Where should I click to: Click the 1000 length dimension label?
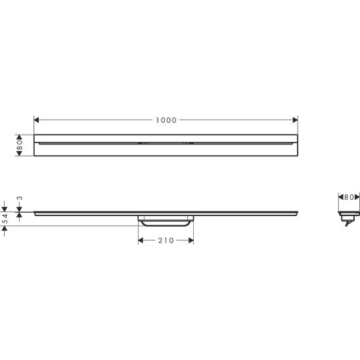166,120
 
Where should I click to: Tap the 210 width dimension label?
166,240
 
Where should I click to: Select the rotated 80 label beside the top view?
20,145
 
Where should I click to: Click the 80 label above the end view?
349,197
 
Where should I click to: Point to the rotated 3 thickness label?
20,198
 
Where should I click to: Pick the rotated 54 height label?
5,219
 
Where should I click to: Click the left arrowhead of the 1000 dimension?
36,120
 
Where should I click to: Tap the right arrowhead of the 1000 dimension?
295,120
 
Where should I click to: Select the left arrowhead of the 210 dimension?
141,240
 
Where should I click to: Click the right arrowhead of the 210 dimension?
191,240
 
